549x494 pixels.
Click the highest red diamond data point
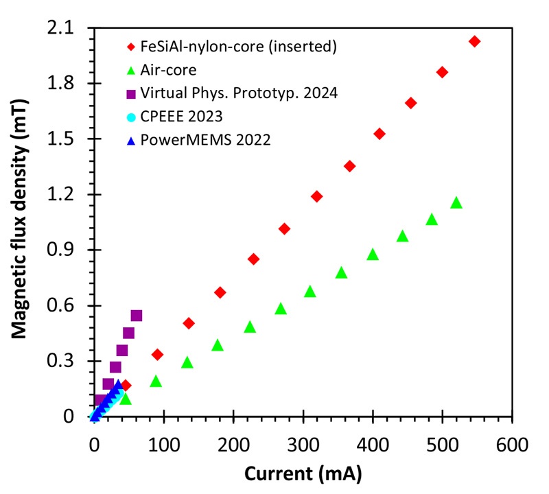pos(474,41)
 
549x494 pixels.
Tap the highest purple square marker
pos(136,316)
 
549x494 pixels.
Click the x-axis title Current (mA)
pos(303,473)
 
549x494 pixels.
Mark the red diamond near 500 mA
pos(442,72)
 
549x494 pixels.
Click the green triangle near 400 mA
pos(373,255)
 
